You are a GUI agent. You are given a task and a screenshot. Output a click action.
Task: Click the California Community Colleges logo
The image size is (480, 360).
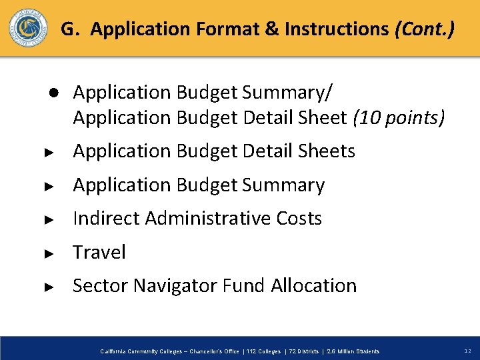click(28, 28)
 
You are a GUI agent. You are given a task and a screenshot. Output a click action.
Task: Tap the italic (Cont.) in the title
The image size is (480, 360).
click(425, 29)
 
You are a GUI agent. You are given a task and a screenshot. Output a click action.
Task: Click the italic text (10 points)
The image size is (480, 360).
click(399, 117)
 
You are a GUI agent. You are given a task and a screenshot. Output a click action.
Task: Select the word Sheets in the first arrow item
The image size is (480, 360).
click(327, 151)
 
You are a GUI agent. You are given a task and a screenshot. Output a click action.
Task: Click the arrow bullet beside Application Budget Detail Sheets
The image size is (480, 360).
click(48, 152)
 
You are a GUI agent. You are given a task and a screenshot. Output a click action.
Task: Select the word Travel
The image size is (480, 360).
click(99, 252)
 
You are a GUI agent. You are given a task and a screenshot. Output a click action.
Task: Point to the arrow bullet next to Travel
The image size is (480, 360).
click(48, 253)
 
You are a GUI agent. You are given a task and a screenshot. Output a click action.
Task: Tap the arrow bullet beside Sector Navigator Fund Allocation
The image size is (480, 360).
click(48, 287)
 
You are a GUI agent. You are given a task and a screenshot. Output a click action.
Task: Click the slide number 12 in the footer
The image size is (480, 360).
click(466, 351)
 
